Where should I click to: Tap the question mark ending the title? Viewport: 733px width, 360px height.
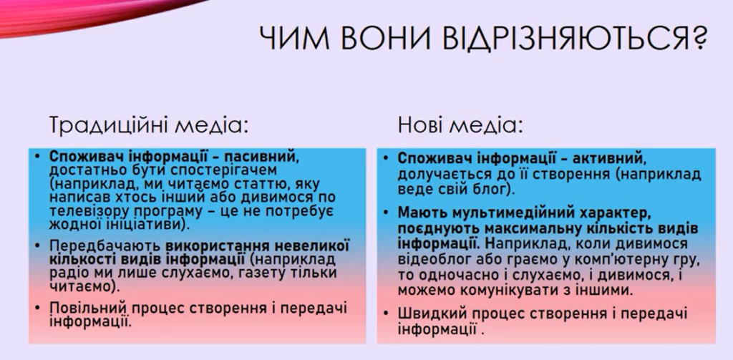click(x=699, y=39)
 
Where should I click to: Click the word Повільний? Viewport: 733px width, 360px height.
click(x=89, y=309)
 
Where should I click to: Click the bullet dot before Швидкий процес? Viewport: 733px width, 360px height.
click(x=386, y=313)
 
